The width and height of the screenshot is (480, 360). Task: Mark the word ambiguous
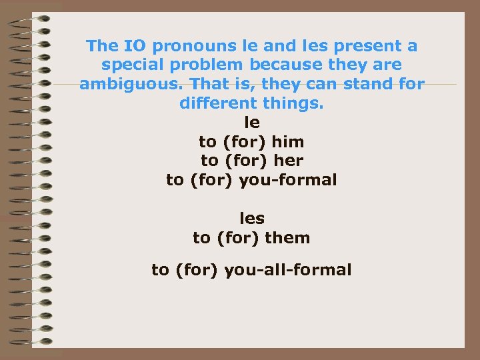(x=131, y=85)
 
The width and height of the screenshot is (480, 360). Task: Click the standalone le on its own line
(x=252, y=123)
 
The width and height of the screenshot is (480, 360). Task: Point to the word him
(x=288, y=141)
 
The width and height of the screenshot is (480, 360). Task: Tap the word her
(x=289, y=161)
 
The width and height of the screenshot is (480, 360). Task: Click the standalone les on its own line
(x=252, y=218)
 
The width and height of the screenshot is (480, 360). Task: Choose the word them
(x=287, y=237)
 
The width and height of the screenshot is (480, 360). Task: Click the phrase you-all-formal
(x=288, y=270)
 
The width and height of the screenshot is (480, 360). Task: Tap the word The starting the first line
(x=102, y=46)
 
